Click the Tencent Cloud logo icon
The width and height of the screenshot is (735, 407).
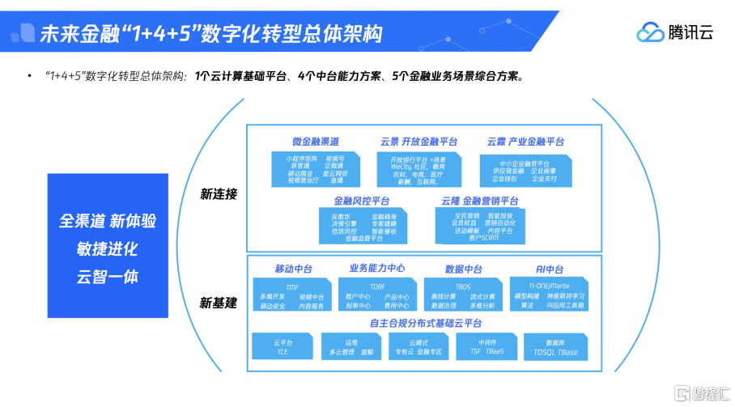tap(650, 32)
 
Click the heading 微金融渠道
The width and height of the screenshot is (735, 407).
tap(316, 142)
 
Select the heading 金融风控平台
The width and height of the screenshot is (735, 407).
tap(362, 201)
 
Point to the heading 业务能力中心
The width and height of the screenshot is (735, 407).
tap(377, 269)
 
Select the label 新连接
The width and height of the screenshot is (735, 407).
tap(219, 194)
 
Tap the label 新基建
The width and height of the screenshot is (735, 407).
tap(219, 303)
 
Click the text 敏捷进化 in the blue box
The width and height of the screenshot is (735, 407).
tap(108, 248)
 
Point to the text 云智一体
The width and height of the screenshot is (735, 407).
tap(108, 276)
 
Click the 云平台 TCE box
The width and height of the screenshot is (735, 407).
tap(283, 347)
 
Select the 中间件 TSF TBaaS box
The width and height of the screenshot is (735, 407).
tap(486, 347)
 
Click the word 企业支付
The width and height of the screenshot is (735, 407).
tap(544, 179)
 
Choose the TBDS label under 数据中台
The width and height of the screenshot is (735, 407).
tap(463, 286)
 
